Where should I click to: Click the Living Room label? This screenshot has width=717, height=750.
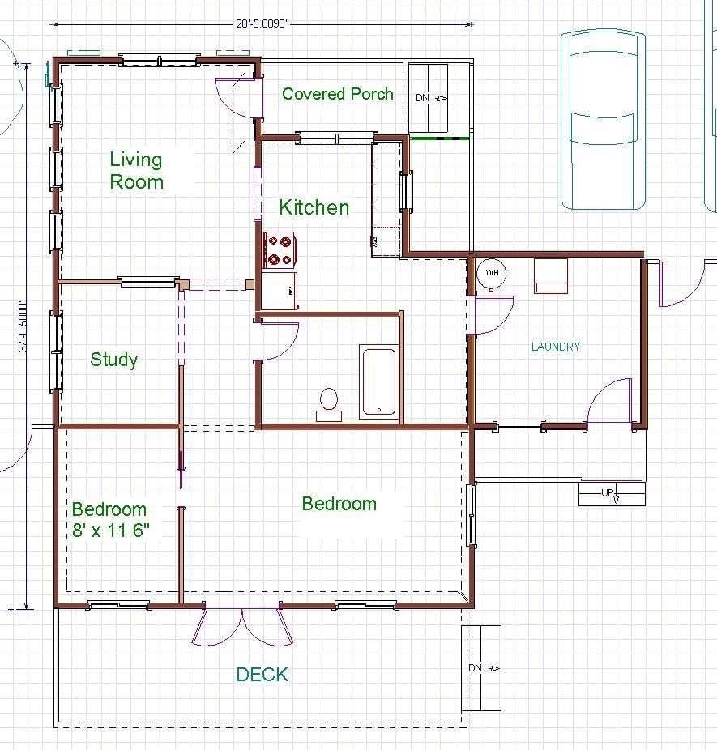click(x=136, y=171)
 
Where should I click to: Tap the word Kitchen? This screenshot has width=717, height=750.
click(x=314, y=207)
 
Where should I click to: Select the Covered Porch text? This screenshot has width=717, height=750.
click(x=338, y=94)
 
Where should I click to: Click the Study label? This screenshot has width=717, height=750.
click(x=114, y=360)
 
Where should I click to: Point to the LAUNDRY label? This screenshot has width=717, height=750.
click(x=556, y=347)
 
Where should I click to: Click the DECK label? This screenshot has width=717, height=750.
click(x=262, y=675)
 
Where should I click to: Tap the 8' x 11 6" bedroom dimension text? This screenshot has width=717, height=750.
click(x=111, y=530)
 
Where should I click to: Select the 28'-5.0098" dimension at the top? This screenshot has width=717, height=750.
click(x=262, y=24)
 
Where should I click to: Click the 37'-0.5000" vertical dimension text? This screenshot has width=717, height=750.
click(x=23, y=326)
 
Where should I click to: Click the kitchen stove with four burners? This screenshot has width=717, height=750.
click(x=280, y=250)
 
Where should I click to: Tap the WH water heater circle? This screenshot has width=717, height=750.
click(x=492, y=273)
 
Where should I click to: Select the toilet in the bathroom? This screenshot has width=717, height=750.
click(x=329, y=405)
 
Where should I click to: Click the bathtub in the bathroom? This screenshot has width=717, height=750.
click(x=379, y=381)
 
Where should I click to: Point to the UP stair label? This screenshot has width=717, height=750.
click(x=608, y=492)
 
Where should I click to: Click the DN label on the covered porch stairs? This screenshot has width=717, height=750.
click(x=422, y=97)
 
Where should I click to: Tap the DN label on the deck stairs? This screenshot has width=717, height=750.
click(x=475, y=667)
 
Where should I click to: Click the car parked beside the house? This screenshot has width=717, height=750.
click(x=604, y=120)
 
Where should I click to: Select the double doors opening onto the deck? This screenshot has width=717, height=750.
click(x=242, y=625)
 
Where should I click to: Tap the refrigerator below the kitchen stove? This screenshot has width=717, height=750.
click(x=280, y=290)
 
